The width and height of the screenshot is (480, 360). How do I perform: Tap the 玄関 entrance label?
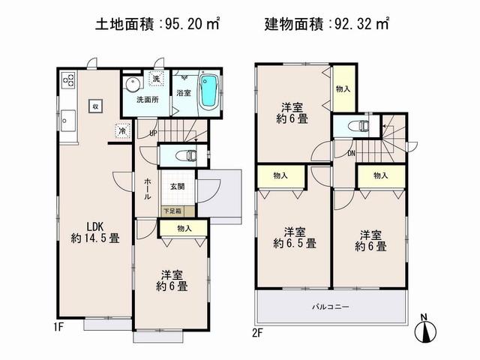tap(177, 186)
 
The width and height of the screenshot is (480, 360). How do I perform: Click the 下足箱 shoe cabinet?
tap(172, 211)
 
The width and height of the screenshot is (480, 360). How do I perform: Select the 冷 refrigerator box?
tap(122, 130)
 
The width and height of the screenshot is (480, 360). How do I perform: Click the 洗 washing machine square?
tap(156, 79)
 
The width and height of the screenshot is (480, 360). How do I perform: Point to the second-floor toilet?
tap(359, 126)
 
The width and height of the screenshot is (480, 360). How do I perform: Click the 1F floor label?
tap(59, 328)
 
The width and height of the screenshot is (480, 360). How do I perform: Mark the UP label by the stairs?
tap(152, 135)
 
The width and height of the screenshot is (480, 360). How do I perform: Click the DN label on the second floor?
tap(351, 154)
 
